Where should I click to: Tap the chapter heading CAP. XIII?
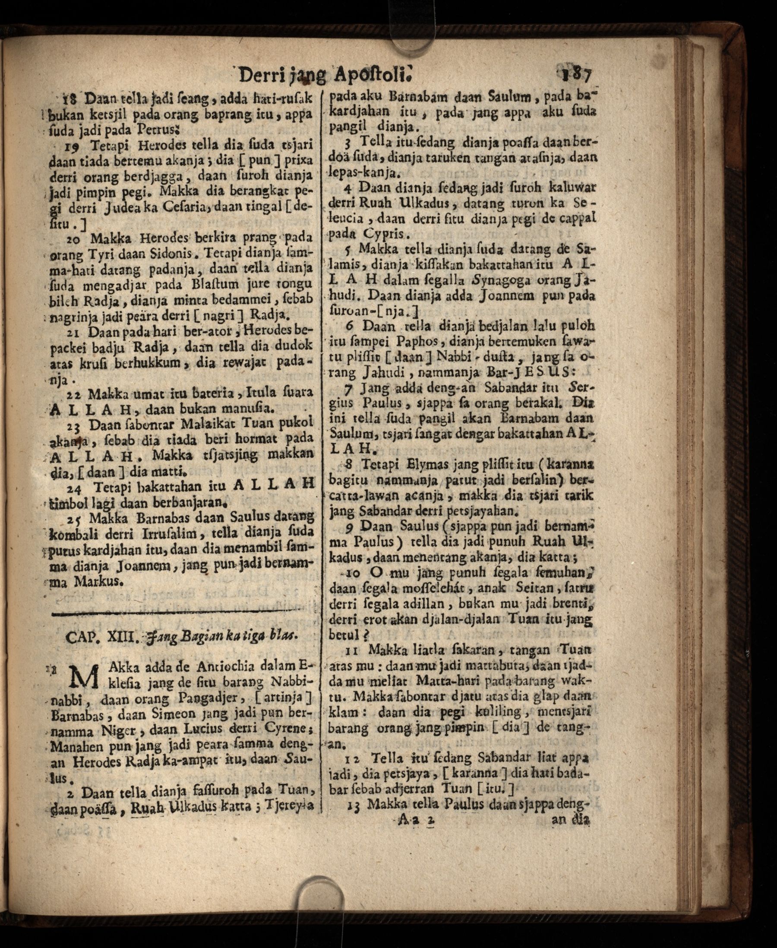point(99,637)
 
